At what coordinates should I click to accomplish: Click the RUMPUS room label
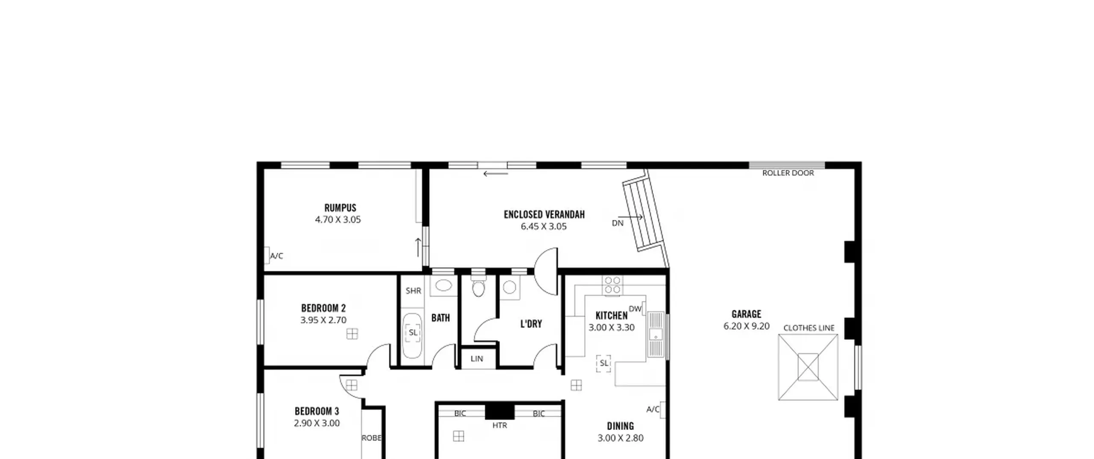tap(340, 208)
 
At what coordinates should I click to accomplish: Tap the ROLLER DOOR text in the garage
tap(788, 173)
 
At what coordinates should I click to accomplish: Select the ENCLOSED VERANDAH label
tap(544, 214)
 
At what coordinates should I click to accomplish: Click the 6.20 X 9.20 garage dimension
tap(746, 326)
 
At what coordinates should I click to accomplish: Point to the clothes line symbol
tap(808, 367)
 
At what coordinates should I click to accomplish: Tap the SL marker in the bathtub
tap(412, 332)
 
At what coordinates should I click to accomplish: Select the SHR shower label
tap(413, 291)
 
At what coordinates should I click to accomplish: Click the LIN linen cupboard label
tap(476, 359)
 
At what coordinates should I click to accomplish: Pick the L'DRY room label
tap(531, 324)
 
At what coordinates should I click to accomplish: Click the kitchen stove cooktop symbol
tap(612, 285)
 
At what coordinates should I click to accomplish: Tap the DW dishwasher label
tap(635, 309)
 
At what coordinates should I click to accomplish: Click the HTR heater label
tap(500, 425)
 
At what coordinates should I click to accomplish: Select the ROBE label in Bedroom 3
tap(371, 438)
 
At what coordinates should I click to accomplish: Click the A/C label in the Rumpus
tap(276, 256)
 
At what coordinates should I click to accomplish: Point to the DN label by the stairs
tap(618, 223)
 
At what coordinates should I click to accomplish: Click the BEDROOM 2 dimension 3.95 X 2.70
tap(323, 320)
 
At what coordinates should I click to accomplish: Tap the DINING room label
tap(620, 426)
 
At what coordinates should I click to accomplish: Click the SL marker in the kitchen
tap(603, 363)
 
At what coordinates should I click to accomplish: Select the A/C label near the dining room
tap(653, 409)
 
